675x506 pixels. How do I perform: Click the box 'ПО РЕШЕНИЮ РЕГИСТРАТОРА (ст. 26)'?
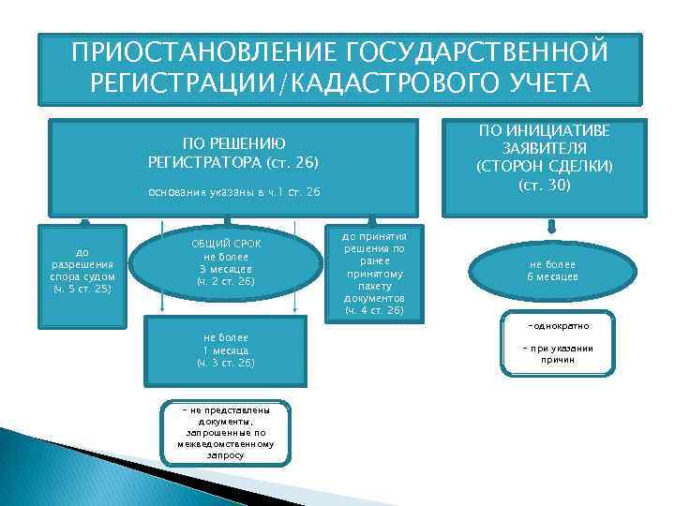[x=233, y=153]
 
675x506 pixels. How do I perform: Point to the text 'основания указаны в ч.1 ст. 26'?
[x=233, y=192]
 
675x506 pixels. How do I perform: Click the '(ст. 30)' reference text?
[x=545, y=185]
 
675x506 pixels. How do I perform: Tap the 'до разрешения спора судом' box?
[x=82, y=270]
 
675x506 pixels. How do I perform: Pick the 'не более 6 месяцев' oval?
[x=552, y=271]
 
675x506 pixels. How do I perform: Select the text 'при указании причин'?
[x=558, y=353]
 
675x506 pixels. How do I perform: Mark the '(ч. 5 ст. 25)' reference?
[x=82, y=288]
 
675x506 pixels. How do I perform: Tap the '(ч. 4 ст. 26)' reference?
[x=373, y=309]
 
